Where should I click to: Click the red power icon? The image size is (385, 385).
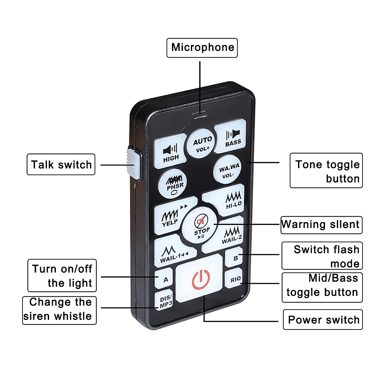pos(201,279)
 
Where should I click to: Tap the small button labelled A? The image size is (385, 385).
pos(165,279)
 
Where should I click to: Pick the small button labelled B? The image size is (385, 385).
pos(235,258)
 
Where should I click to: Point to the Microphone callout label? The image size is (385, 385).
pos(202,48)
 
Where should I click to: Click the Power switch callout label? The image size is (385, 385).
pos(323,320)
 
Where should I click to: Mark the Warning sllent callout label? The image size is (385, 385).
pos(321,225)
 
